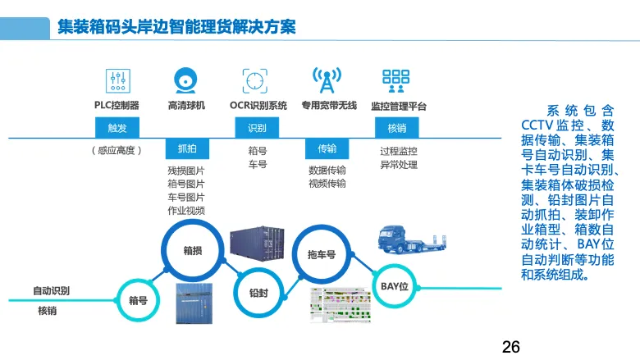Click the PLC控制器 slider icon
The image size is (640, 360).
tap(118, 80)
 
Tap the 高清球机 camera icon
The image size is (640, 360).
tap(185, 80)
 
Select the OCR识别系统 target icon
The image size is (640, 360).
tap(255, 80)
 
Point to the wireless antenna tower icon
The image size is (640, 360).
tap(327, 80)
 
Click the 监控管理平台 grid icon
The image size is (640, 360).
tap(396, 80)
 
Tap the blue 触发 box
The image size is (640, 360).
tap(117, 128)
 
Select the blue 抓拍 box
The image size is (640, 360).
tap(187, 148)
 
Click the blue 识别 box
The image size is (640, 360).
tap(257, 128)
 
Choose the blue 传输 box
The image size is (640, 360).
tap(327, 148)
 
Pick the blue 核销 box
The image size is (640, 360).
tap(397, 128)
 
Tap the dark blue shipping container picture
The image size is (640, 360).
tap(257, 244)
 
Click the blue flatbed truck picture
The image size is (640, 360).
tap(412, 239)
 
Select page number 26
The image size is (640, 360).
tap(511, 347)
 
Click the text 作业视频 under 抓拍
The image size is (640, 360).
tap(186, 211)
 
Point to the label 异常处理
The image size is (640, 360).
tap(399, 165)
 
